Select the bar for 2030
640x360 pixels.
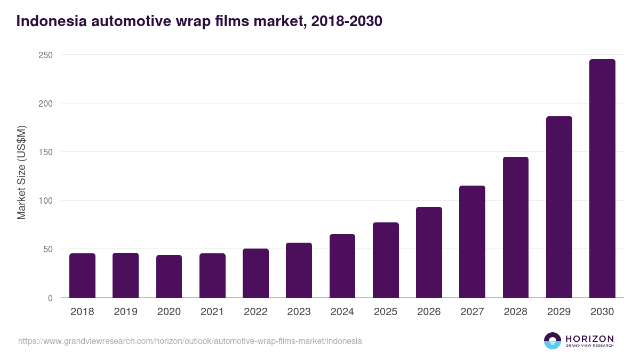tap(602, 178)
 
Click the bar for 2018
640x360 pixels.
tap(82, 275)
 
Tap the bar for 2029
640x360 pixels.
tap(559, 207)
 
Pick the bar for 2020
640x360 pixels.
tap(169, 276)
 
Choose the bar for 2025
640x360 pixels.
tap(386, 260)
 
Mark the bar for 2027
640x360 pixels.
tap(472, 242)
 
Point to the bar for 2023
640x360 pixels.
tap(299, 270)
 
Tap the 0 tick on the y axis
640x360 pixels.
tap(50, 298)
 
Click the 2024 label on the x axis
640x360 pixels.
tap(342, 312)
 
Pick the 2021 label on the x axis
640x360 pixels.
tap(212, 312)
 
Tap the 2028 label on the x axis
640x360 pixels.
tap(515, 312)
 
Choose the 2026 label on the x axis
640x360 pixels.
tap(429, 312)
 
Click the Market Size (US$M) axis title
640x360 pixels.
tap(21, 173)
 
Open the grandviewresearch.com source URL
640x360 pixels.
tap(190, 341)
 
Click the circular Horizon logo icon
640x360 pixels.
tap(553, 341)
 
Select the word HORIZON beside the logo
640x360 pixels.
tap(589, 339)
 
